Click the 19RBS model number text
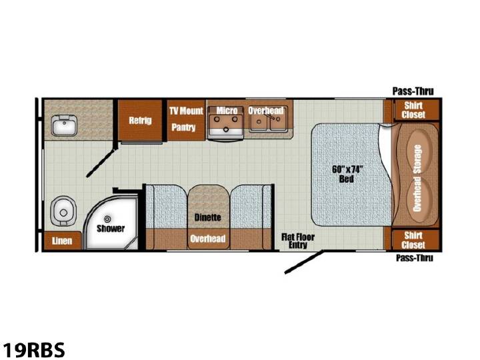pos(34,349)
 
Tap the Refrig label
pos(140,120)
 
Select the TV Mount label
pos(186,111)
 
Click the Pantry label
pos(183,127)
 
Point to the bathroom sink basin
pos(64,125)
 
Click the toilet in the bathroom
pos(63,211)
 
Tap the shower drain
pos(107,219)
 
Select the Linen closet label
pos(62,241)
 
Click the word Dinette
pos(207,217)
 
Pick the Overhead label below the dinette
pos(208,239)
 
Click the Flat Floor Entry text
pos(298,241)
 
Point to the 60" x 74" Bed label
pos(347,174)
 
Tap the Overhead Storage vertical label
pos(417,178)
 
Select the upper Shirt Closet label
pos(413,110)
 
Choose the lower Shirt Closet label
pos(413,240)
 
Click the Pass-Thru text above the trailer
pos(413,91)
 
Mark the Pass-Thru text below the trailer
pos(415,258)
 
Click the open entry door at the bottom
pos(304,262)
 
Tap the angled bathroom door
pos(101,163)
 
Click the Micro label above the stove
pos(227,110)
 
